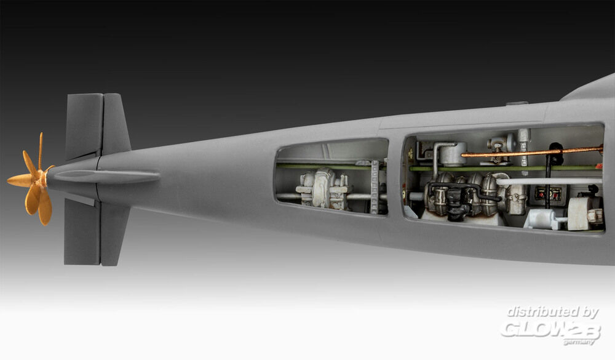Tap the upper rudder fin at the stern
pos(98,125)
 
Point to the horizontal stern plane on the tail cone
pos(106,177)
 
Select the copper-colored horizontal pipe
pos(532,152)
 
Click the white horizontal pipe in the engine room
pos(549,182)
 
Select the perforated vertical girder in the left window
pos(375,186)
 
